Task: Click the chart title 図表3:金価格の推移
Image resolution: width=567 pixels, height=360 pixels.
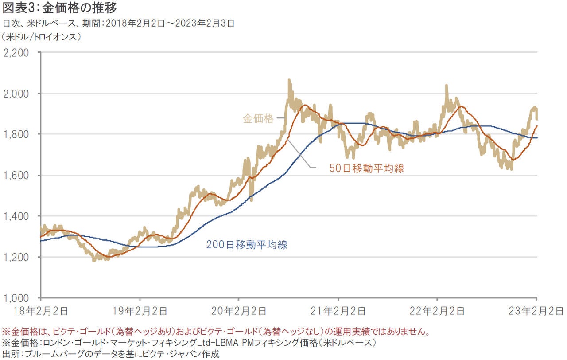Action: coord(60,8)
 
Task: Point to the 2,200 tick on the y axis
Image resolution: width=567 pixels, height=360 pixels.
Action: coord(16,53)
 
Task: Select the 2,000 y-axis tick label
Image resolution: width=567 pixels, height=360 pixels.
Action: coord(16,94)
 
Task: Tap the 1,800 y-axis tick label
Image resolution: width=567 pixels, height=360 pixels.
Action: coord(16,134)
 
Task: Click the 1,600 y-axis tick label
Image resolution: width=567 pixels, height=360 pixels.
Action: coord(16,175)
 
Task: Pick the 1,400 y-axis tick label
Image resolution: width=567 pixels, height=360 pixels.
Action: coord(16,216)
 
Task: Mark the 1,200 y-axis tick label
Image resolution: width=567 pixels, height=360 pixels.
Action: coord(16,257)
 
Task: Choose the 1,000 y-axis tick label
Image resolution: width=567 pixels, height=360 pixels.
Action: coord(16,298)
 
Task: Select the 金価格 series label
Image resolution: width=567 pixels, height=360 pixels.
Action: coord(258,119)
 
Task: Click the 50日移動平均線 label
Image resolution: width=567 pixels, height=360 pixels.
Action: coord(367,168)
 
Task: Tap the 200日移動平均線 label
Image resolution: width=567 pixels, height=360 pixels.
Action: coord(247,244)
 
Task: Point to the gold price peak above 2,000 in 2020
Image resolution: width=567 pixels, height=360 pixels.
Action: coord(289,81)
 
